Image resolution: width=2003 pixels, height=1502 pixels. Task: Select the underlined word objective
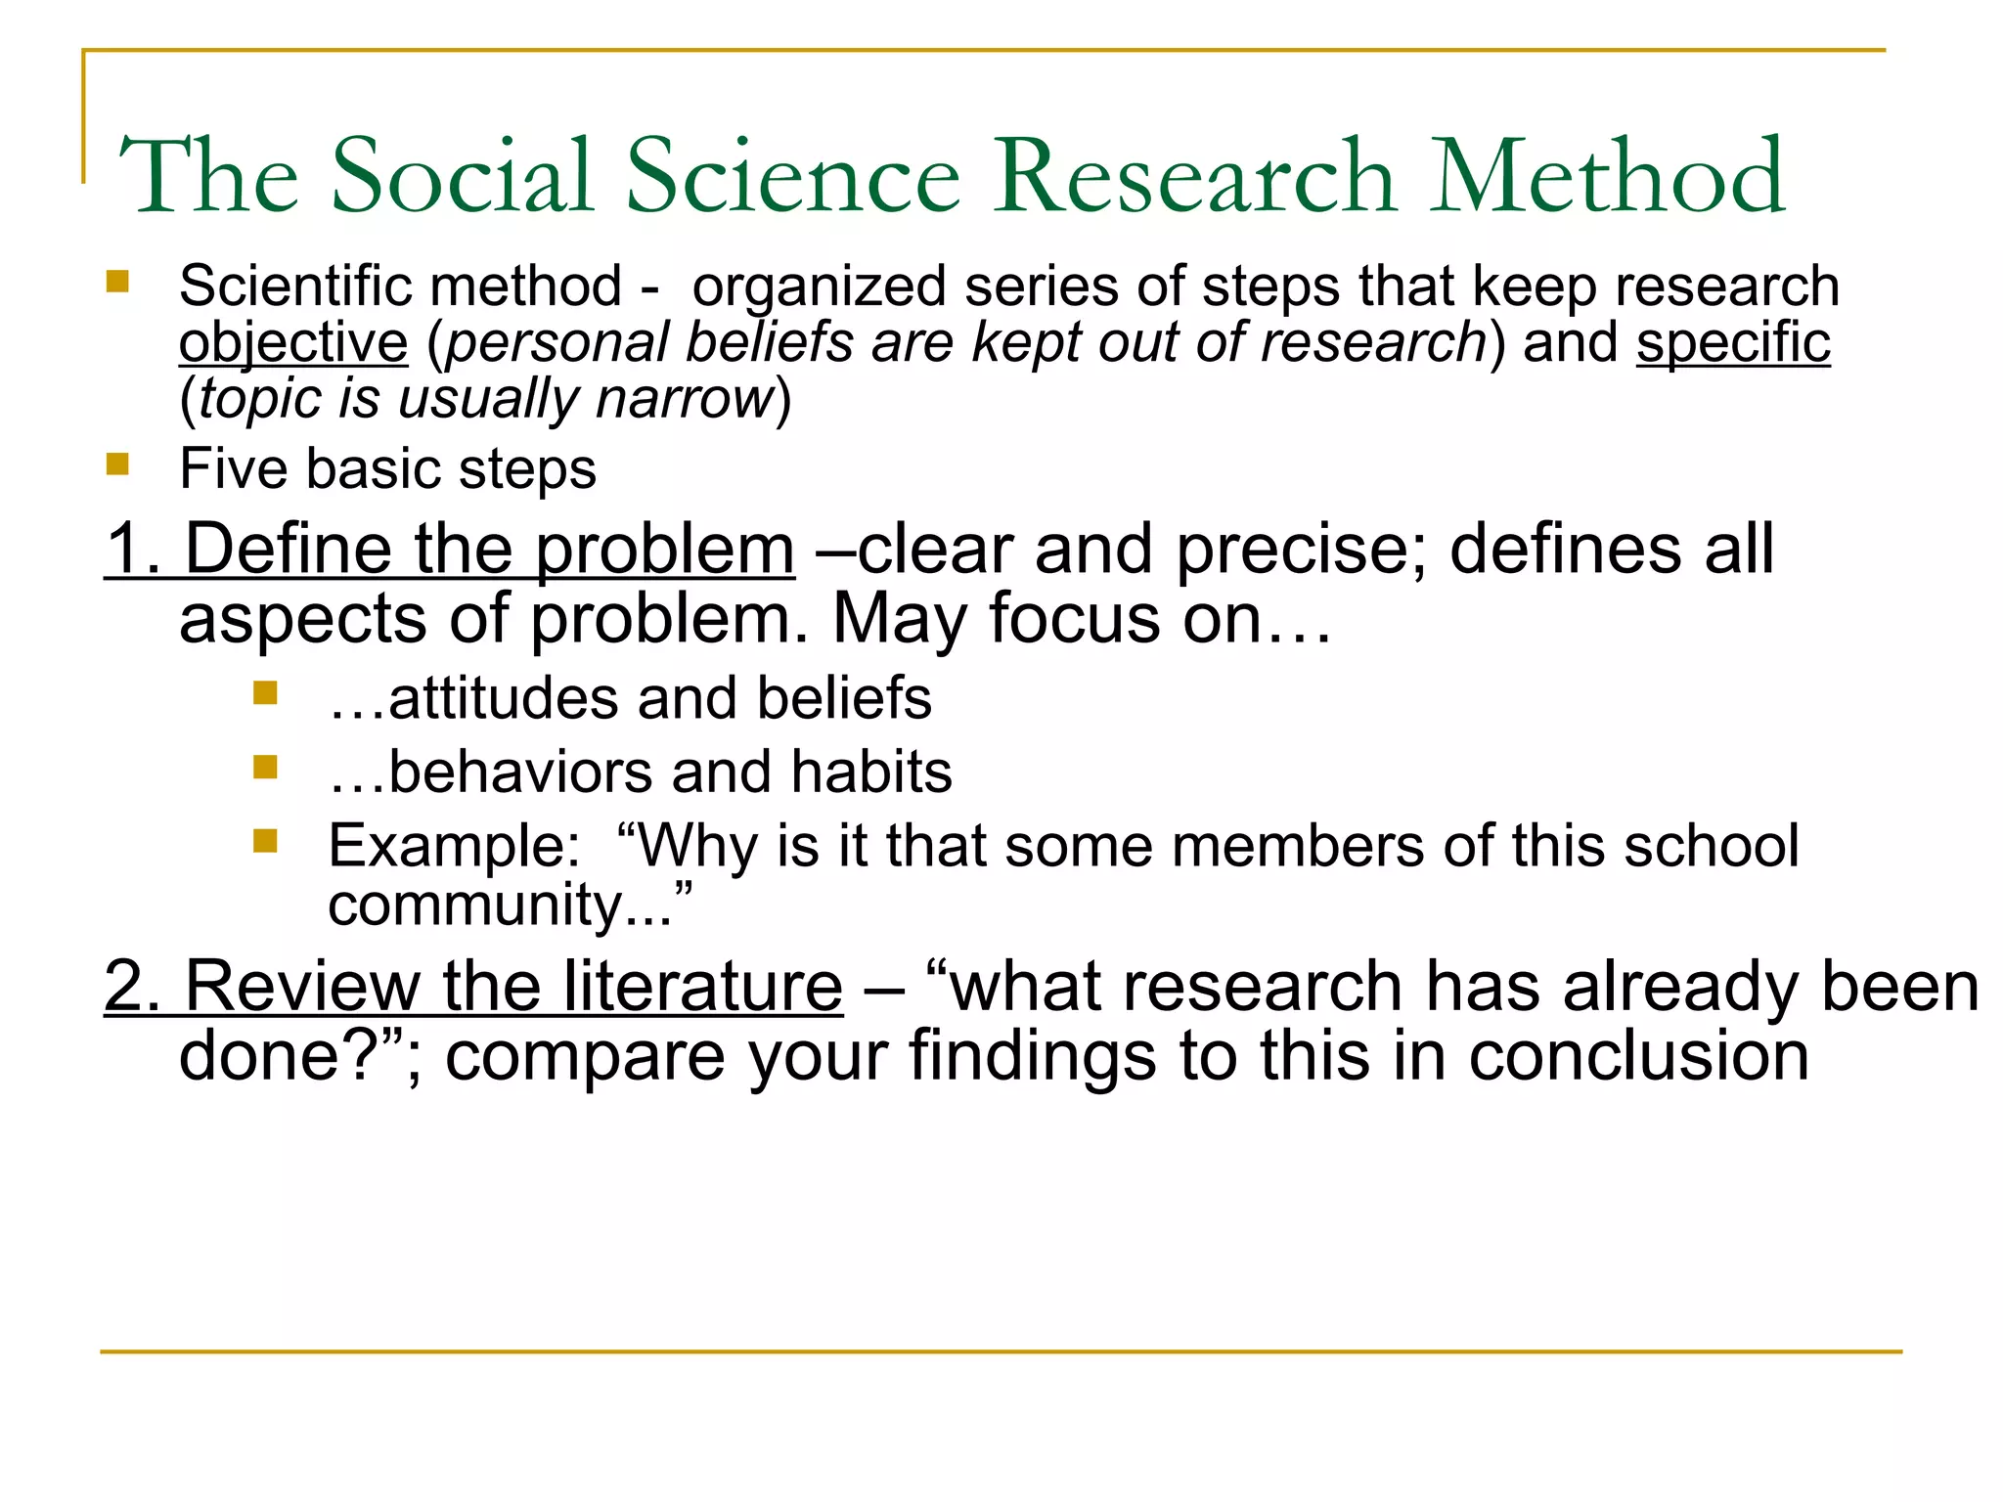(293, 343)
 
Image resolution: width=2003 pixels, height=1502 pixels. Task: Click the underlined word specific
(1733, 343)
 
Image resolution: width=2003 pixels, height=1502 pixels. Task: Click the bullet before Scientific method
(117, 283)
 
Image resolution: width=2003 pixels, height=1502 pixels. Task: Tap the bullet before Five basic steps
(117, 464)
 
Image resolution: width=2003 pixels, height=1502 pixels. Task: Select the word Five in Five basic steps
(234, 468)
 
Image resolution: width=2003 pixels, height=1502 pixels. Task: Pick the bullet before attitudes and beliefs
(265, 693)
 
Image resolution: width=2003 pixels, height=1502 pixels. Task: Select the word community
(475, 906)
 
